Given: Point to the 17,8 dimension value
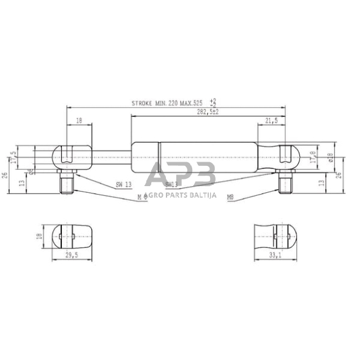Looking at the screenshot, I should pos(313,157).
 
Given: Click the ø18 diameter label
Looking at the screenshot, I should pos(330,157).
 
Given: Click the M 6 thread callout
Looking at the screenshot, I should pos(142,197).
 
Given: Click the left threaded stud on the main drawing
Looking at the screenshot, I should pos(67,182).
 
